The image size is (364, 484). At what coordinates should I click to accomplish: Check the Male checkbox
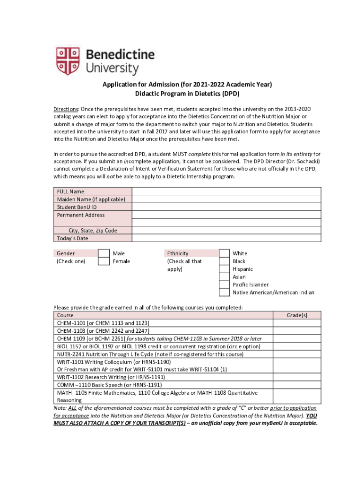point(104,253)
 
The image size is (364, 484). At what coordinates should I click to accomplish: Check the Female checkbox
point(104,261)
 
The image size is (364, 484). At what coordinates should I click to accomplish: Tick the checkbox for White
point(225,253)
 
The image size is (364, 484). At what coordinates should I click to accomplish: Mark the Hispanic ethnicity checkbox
point(225,269)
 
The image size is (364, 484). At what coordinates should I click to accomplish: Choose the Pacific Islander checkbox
point(225,285)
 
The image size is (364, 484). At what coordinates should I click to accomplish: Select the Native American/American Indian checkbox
point(225,292)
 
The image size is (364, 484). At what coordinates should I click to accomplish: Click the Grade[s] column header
point(297,315)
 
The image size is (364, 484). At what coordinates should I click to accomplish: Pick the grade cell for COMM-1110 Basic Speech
point(297,385)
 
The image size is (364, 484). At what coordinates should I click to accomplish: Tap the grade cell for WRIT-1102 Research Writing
point(297,377)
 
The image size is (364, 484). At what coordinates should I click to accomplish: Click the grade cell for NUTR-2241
point(297,354)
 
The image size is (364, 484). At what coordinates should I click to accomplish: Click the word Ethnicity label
point(177,253)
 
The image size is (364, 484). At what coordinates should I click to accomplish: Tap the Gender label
point(66,253)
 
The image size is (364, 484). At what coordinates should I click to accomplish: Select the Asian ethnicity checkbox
point(225,277)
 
